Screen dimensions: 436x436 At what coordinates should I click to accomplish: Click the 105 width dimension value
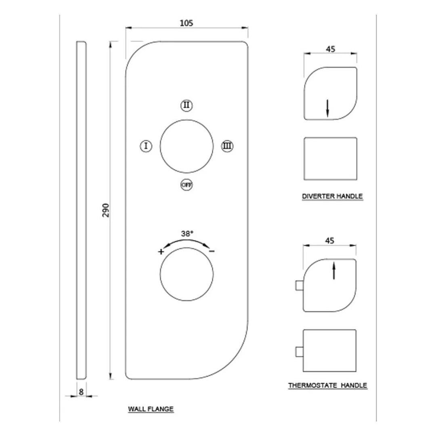[x=187, y=23]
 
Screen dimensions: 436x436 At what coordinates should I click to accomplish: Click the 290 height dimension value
[x=106, y=210]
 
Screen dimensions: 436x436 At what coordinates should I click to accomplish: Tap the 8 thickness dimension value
[x=81, y=391]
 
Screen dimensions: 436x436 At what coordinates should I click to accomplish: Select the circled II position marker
[x=186, y=106]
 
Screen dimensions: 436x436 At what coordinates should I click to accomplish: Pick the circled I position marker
[x=146, y=146]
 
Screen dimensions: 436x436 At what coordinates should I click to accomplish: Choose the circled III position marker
[x=227, y=146]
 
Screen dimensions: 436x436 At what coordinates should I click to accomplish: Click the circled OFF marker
[x=186, y=184]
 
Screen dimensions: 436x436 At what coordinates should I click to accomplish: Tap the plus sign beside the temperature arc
[x=161, y=252]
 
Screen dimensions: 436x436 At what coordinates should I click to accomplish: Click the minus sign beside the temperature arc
[x=212, y=252]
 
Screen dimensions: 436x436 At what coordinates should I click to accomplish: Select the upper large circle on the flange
[x=186, y=146]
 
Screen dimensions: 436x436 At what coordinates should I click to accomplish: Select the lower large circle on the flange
[x=186, y=275]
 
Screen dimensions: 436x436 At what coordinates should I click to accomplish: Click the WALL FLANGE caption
[x=151, y=409]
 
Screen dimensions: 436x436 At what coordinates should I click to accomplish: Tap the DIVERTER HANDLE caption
[x=332, y=197]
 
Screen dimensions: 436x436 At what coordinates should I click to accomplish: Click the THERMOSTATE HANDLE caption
[x=327, y=386]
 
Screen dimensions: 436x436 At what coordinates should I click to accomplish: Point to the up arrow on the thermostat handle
[x=333, y=270]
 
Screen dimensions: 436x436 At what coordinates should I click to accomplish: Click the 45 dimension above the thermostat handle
[x=329, y=241]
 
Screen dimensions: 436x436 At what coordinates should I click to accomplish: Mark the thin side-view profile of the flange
[x=81, y=210]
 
